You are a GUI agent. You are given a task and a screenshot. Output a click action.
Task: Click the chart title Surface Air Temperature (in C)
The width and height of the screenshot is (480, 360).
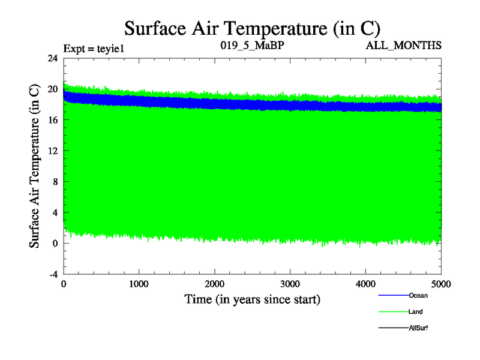[x=252, y=28]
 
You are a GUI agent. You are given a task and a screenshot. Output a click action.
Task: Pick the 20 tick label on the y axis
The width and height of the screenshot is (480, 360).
[x=52, y=89]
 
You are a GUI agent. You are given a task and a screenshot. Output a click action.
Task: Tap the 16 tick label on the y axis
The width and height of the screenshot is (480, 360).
[x=52, y=120]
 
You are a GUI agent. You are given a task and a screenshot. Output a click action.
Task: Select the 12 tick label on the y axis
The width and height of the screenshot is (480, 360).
[x=52, y=151]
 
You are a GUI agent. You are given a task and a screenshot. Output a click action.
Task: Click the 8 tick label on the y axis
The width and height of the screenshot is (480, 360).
[x=55, y=181]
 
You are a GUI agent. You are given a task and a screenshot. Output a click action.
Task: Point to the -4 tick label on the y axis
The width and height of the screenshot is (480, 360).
[x=52, y=274]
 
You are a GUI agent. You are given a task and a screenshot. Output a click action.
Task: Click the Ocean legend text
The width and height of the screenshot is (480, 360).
[x=418, y=295]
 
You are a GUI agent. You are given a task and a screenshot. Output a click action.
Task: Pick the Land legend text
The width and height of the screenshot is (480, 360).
[x=416, y=311]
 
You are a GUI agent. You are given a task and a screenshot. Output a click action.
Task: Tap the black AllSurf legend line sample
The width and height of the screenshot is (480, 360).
[x=393, y=328]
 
